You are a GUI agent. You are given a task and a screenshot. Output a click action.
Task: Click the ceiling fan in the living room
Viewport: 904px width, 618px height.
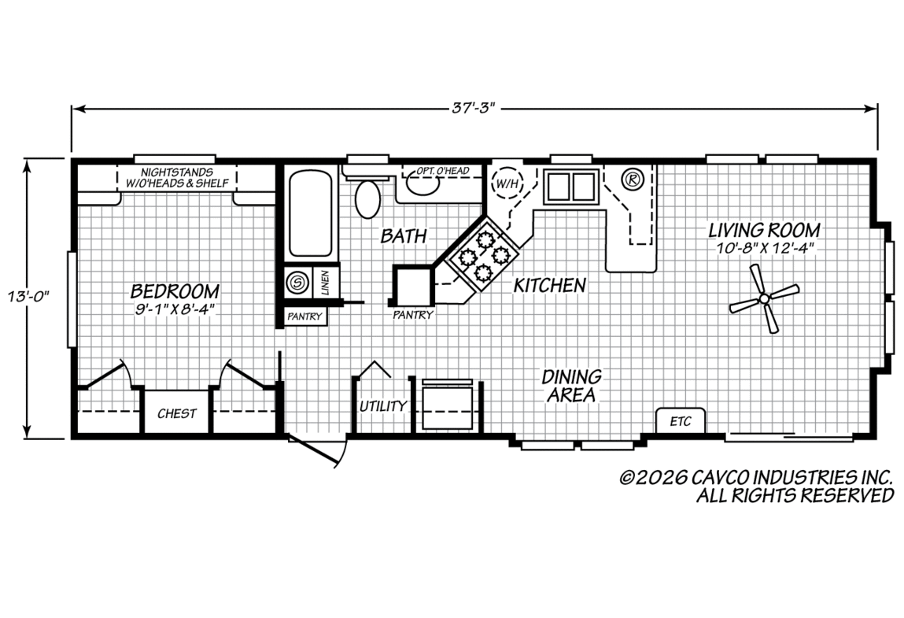tap(764, 299)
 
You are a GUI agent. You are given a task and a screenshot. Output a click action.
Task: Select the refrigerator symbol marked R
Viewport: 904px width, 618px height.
tap(633, 179)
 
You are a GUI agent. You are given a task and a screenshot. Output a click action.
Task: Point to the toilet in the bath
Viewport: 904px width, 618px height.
tap(367, 198)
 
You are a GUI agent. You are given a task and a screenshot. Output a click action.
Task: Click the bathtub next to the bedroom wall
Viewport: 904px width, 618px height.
tap(310, 213)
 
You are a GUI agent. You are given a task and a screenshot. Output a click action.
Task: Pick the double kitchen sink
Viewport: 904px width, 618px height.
tap(570, 186)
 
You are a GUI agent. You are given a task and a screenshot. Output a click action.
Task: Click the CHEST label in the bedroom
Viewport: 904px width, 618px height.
tap(177, 414)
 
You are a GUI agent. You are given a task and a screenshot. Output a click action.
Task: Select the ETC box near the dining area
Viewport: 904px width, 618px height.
tap(681, 420)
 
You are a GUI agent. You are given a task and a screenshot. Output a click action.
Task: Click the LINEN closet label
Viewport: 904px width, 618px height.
tap(325, 282)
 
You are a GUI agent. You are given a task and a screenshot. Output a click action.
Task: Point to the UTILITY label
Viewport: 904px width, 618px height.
tap(383, 406)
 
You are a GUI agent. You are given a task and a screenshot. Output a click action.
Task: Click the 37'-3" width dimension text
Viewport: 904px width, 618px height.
tap(474, 109)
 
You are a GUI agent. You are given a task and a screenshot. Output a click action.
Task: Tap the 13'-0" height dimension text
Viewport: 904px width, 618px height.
tap(28, 297)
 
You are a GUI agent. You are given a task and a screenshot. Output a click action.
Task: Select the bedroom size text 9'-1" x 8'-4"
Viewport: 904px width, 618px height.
tap(175, 309)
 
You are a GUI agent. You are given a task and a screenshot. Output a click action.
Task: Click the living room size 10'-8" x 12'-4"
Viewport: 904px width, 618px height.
tap(764, 248)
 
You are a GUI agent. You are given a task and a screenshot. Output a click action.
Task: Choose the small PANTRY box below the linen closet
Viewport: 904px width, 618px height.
tap(305, 316)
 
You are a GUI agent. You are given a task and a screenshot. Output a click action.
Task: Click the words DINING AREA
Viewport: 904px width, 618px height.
tap(571, 386)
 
